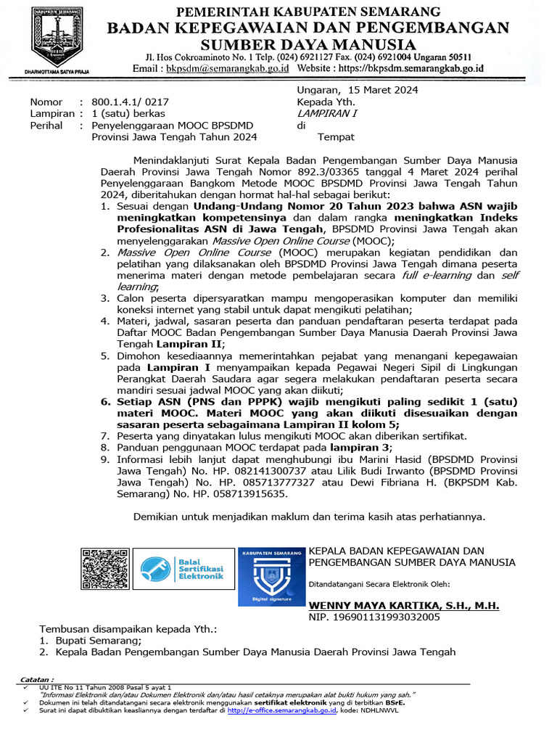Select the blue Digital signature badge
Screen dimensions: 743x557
(271, 576)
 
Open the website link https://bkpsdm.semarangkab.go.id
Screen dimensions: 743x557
(418, 68)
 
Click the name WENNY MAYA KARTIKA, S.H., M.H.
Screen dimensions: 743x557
(404, 605)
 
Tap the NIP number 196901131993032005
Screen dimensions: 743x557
(385, 617)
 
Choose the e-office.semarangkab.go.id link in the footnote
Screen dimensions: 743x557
(281, 711)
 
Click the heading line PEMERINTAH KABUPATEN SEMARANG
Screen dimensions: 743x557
(309, 12)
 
